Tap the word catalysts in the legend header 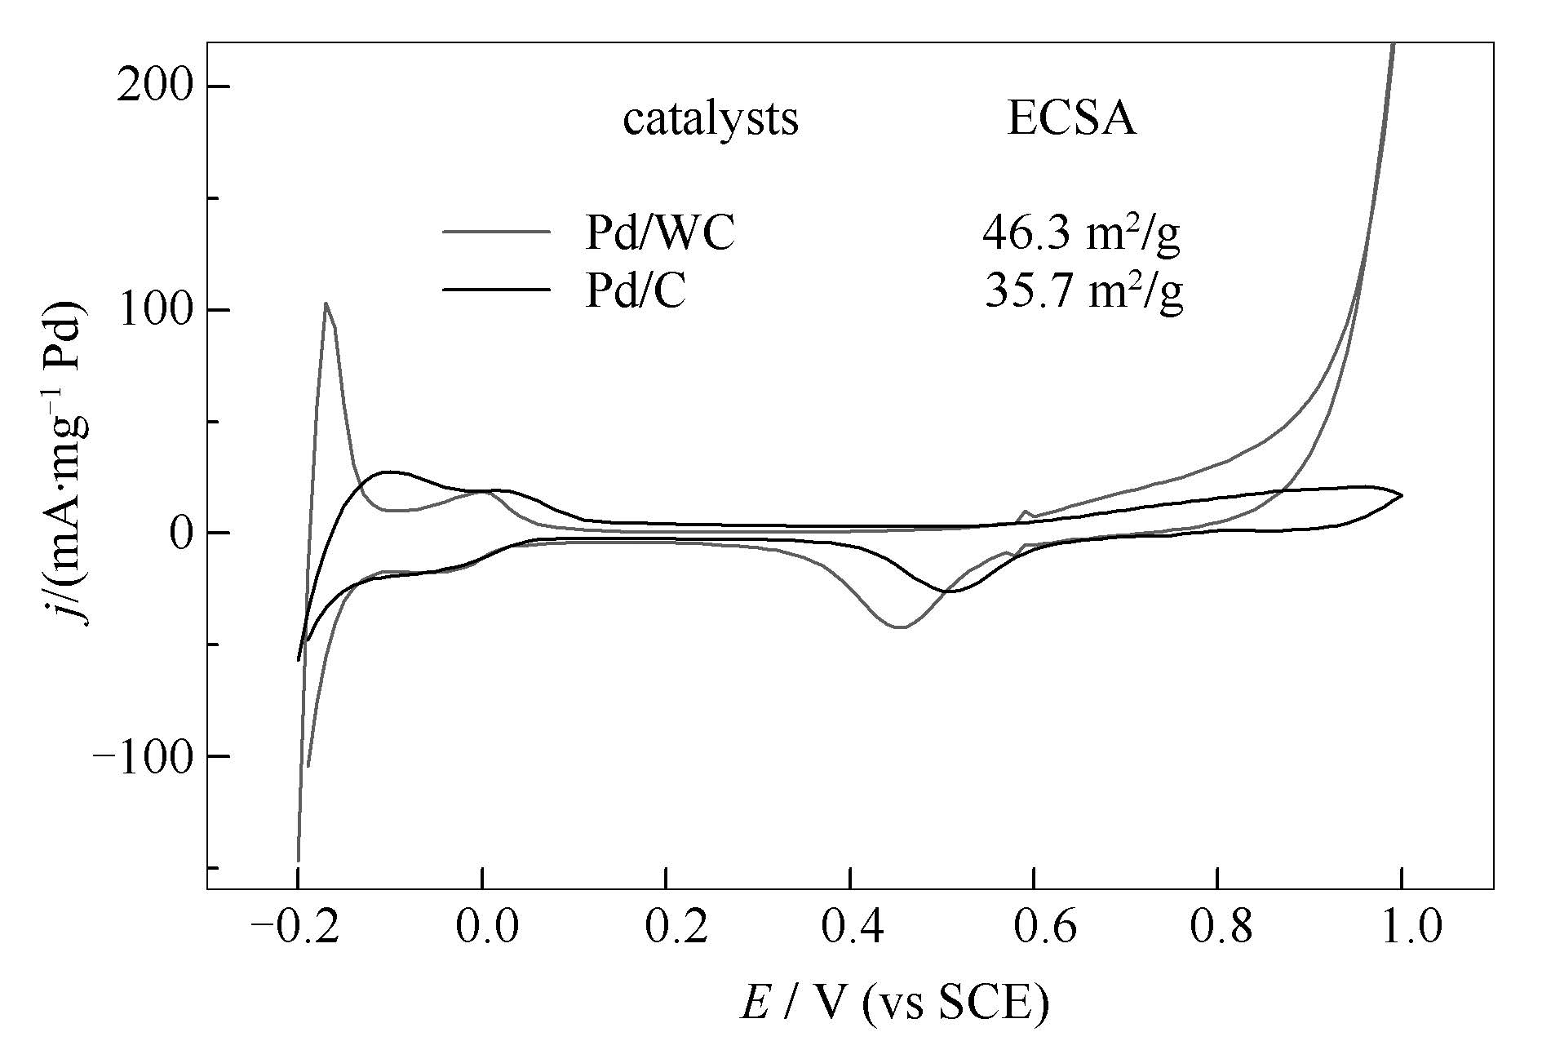point(711,120)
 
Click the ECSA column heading point(1071,120)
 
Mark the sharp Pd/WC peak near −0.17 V point(326,303)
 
